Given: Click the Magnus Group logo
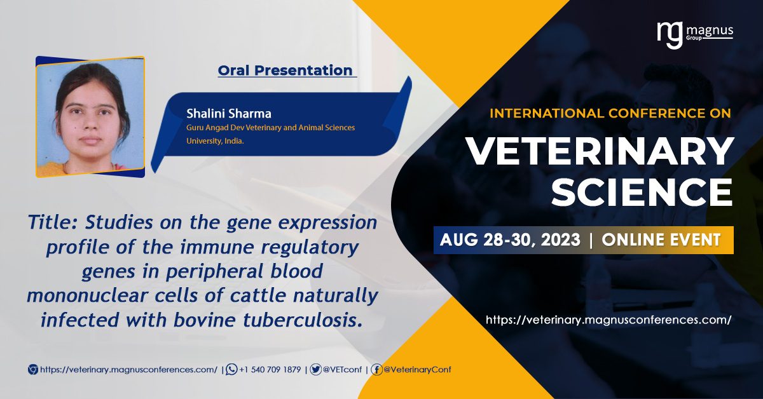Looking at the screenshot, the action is [695, 35].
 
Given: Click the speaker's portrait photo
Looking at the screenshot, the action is [90, 117].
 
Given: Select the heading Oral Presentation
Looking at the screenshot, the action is [285, 71].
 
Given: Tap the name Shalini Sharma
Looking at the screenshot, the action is [228, 114].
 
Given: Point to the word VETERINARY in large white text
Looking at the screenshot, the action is [599, 151].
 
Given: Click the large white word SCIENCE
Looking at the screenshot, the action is [642, 192].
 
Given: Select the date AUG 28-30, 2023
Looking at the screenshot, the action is [510, 240].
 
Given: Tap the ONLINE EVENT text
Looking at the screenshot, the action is [661, 240].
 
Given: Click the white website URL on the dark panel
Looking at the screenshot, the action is [608, 320].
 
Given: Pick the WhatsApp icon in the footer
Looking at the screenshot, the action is [231, 369].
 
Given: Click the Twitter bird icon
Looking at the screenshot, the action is [316, 369].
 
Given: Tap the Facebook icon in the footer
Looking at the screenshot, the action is [376, 369].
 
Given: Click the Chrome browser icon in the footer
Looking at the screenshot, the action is [33, 369].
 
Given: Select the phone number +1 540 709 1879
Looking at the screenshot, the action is [270, 370].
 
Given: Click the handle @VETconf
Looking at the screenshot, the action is [342, 370].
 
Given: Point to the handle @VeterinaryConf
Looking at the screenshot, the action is [417, 370].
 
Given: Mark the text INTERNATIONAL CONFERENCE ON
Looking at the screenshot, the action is [610, 113].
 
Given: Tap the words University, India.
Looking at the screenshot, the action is [215, 141].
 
